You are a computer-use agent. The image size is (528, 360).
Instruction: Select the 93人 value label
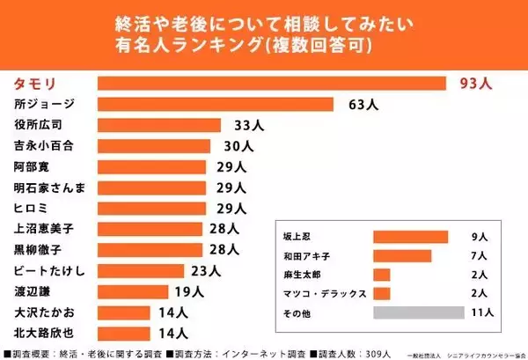[476, 84]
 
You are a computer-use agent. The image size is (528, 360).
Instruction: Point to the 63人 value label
[363, 105]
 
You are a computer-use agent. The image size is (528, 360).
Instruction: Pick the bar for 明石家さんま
[151, 187]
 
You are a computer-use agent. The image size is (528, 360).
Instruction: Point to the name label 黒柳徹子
[39, 250]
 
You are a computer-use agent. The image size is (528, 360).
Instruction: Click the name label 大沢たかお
[44, 312]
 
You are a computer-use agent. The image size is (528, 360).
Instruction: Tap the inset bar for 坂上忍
[411, 237]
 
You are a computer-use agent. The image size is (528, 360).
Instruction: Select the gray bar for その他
[418, 312]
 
